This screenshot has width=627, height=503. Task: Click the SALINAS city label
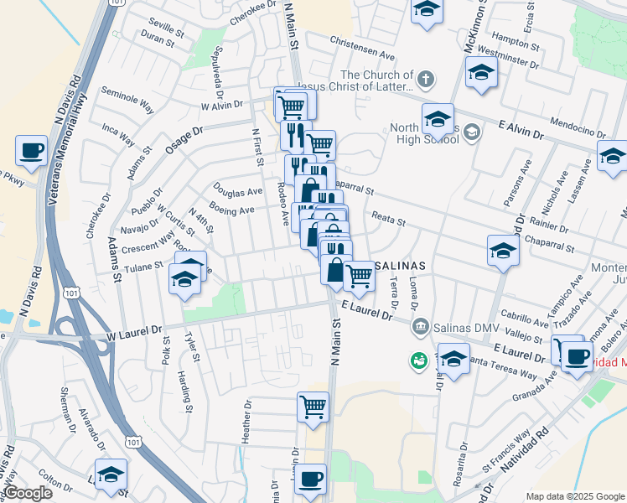[401, 265]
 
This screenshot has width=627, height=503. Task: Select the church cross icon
[426, 80]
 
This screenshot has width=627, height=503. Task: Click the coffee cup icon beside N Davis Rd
[31, 151]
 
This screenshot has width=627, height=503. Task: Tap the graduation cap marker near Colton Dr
[111, 474]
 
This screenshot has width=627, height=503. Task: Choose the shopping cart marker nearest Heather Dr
[313, 407]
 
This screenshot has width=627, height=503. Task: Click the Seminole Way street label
[127, 99]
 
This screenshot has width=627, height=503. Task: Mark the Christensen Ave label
[362, 51]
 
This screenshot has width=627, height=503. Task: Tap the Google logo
[28, 493]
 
